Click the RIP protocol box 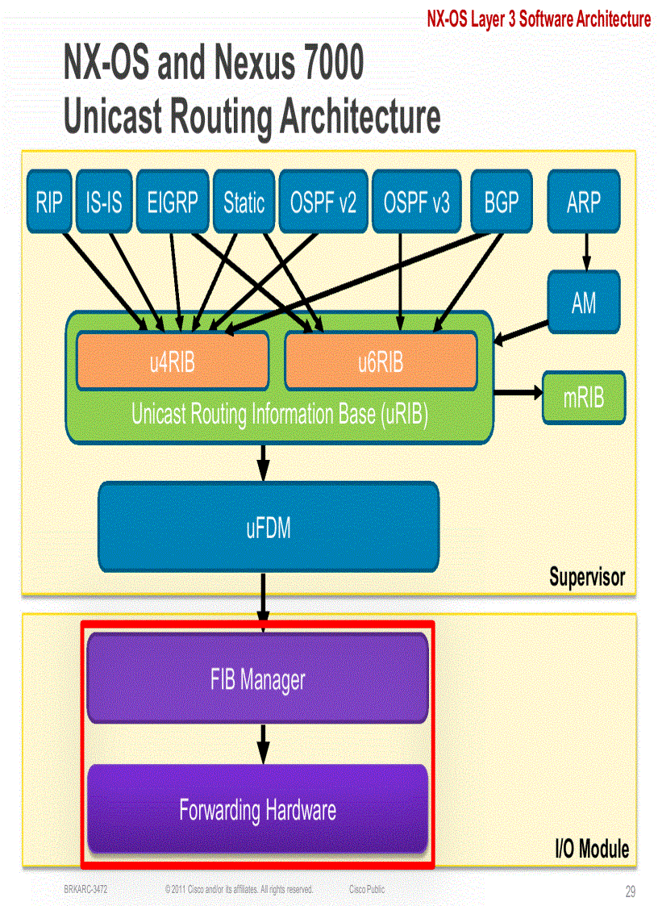[48, 201]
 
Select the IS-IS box [103, 201]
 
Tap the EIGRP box [173, 201]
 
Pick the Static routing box [244, 201]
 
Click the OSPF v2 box [323, 201]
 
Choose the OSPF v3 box [416, 201]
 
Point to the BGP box [501, 201]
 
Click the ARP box [584, 201]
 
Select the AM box [584, 303]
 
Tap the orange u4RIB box [172, 361]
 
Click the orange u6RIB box [381, 361]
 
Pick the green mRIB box [584, 397]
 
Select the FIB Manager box [257, 678]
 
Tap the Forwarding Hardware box [257, 808]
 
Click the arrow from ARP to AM [586, 251]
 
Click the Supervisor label [586, 577]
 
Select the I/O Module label [591, 849]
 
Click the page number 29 [630, 891]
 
